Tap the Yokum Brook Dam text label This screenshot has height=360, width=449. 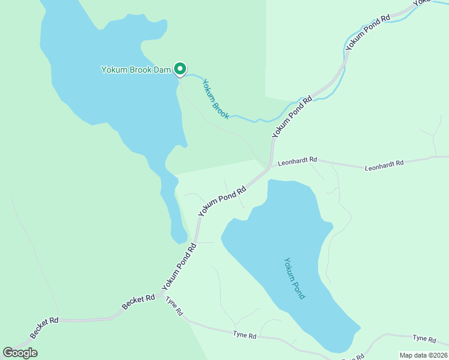point(136,69)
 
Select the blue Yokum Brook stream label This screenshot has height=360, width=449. point(215,99)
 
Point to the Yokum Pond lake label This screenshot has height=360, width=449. point(295,278)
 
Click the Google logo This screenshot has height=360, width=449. point(20,353)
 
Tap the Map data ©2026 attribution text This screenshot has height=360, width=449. point(424,355)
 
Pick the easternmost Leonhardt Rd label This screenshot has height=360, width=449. point(384,164)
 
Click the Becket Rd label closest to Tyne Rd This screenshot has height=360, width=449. point(138,301)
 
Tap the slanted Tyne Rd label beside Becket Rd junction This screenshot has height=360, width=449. point(175,306)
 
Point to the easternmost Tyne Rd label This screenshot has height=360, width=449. point(424,339)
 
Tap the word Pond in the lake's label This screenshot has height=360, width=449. point(300,290)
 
